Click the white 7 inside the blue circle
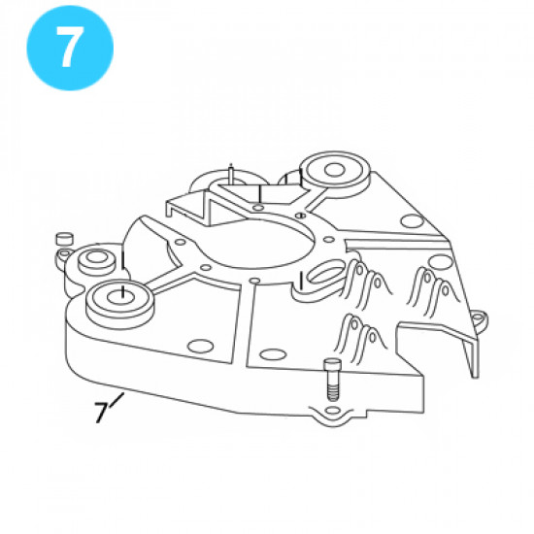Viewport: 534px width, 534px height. [69, 47]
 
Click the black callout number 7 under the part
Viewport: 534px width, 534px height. [101, 413]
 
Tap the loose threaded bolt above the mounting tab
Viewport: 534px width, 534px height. [332, 380]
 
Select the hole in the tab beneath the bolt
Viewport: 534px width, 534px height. [333, 411]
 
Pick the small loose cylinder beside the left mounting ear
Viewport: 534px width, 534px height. [64, 238]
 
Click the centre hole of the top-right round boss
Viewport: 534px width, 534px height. [334, 170]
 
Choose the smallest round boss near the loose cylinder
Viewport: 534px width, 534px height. [96, 260]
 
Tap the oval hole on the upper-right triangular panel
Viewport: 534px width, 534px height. [412, 220]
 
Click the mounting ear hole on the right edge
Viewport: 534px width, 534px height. [478, 317]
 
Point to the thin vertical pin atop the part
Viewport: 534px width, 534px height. [231, 172]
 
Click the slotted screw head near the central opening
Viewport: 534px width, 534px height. [300, 216]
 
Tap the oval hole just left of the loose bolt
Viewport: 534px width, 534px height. [272, 354]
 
